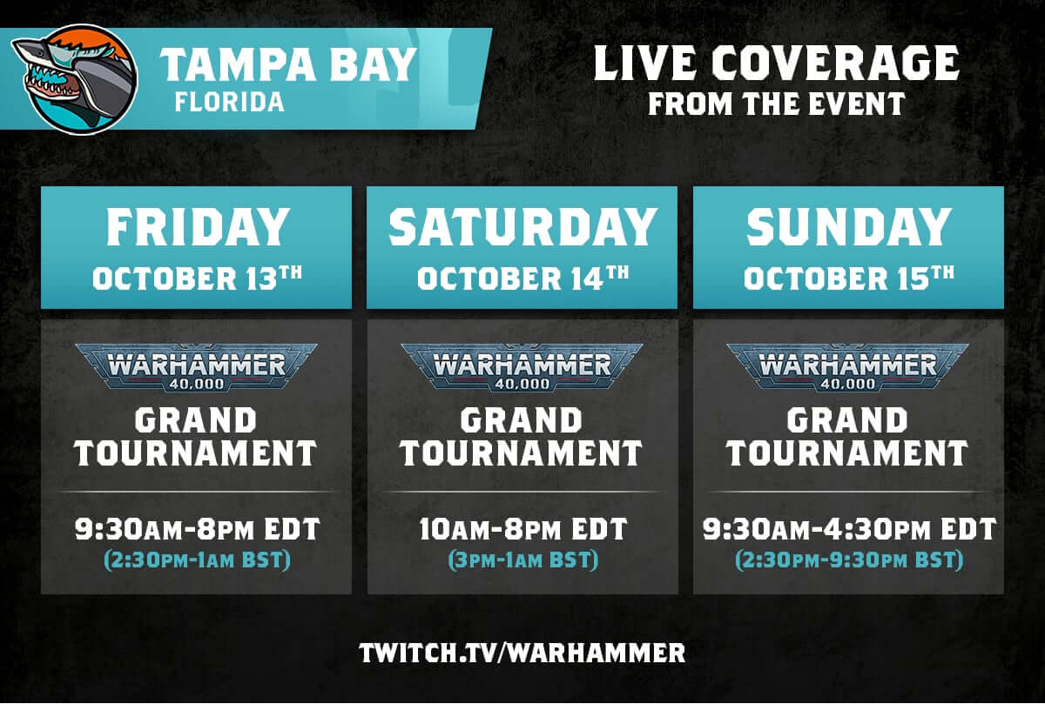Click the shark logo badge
(x=75, y=79)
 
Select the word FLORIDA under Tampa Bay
(x=229, y=103)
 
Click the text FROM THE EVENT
(x=776, y=104)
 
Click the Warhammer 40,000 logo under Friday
(x=197, y=366)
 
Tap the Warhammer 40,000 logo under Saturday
(x=522, y=366)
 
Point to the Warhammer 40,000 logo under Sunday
(x=848, y=366)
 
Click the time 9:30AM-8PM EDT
(x=197, y=528)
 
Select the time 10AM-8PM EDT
(x=522, y=528)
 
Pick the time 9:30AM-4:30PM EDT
(x=848, y=528)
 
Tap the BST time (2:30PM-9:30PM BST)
(x=848, y=560)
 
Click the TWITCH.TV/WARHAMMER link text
(x=522, y=653)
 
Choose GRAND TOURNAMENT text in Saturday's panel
(x=522, y=437)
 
